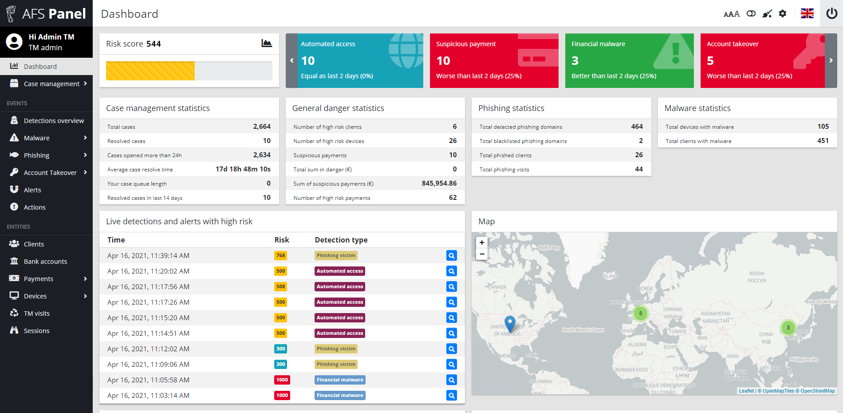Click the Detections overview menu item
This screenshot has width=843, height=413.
pyautogui.click(x=53, y=121)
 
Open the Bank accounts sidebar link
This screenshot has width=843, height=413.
pyautogui.click(x=45, y=262)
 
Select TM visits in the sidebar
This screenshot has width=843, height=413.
pyautogui.click(x=36, y=314)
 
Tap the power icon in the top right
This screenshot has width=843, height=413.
pyautogui.click(x=831, y=13)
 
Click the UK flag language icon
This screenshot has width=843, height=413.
pyautogui.click(x=807, y=13)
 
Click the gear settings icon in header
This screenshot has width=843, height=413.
pyautogui.click(x=783, y=14)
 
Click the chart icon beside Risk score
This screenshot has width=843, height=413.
pyautogui.click(x=267, y=43)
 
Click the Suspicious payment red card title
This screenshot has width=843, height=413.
pyautogui.click(x=466, y=44)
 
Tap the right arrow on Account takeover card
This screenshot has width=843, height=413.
pyautogui.click(x=831, y=60)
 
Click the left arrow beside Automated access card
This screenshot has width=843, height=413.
pyautogui.click(x=292, y=60)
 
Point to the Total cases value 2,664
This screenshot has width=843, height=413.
pyautogui.click(x=262, y=127)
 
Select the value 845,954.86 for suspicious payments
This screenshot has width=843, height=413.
pyautogui.click(x=439, y=183)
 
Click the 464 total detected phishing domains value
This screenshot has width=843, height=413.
pyautogui.click(x=637, y=127)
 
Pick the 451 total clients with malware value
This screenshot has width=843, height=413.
pyautogui.click(x=823, y=141)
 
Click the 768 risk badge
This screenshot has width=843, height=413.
pyautogui.click(x=280, y=256)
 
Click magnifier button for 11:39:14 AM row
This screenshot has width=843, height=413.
pyautogui.click(x=451, y=256)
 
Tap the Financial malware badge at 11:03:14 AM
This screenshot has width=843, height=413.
pyautogui.click(x=340, y=395)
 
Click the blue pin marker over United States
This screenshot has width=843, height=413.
pyautogui.click(x=510, y=323)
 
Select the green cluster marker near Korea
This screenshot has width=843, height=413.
pyautogui.click(x=788, y=328)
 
